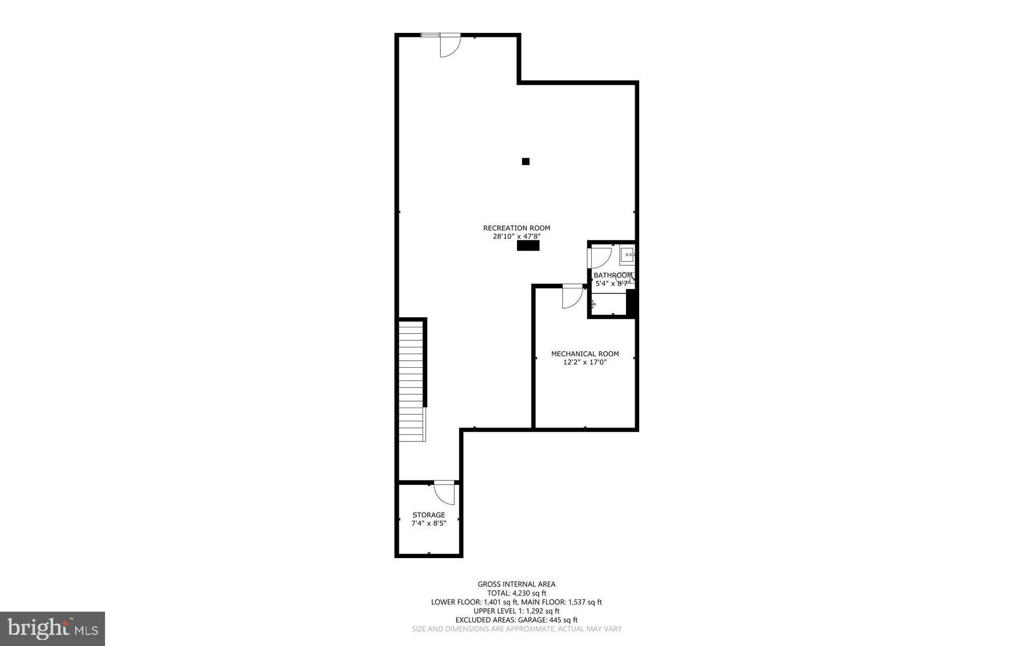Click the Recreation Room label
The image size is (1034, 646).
click(516, 228)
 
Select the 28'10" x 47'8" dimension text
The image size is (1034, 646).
click(516, 236)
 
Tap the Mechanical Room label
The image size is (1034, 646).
click(585, 354)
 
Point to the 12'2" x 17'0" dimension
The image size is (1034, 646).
click(585, 362)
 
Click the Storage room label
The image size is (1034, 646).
click(429, 515)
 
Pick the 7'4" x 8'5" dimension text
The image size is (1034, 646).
click(429, 523)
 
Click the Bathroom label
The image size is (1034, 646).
click(612, 275)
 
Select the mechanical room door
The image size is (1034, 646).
click(572, 296)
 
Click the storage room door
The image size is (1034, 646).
click(444, 492)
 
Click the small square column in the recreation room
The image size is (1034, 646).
click(526, 162)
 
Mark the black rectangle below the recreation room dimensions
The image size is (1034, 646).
click(528, 245)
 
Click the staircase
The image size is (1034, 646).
click(411, 381)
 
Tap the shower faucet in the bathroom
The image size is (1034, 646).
click(593, 304)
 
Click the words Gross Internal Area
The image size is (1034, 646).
click(516, 584)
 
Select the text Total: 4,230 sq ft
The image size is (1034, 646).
click(516, 593)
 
